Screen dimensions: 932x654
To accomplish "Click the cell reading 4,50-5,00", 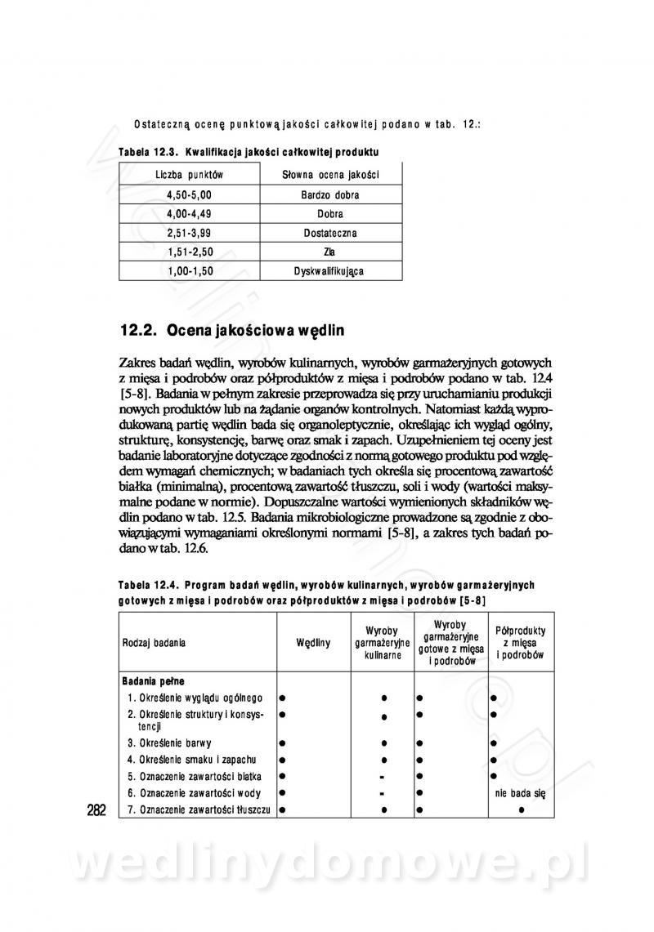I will [189, 195].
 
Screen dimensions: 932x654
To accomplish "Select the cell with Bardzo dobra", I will [329, 195].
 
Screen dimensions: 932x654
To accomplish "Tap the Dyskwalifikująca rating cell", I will [329, 270].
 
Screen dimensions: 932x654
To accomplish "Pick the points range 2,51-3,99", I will [189, 233].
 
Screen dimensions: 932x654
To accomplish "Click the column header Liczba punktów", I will [189, 175].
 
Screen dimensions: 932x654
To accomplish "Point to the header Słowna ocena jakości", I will [329, 175].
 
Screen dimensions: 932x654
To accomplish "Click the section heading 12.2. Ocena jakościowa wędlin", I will [233, 331].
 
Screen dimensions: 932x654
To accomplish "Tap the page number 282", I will [96, 810].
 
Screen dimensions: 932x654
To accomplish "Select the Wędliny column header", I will [313, 643].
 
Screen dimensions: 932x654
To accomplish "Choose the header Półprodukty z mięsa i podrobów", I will [521, 643].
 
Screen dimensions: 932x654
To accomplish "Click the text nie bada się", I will [521, 792].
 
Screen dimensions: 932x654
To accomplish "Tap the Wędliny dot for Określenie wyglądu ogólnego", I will [281, 698].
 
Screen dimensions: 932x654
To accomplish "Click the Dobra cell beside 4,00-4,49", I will [329, 214].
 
